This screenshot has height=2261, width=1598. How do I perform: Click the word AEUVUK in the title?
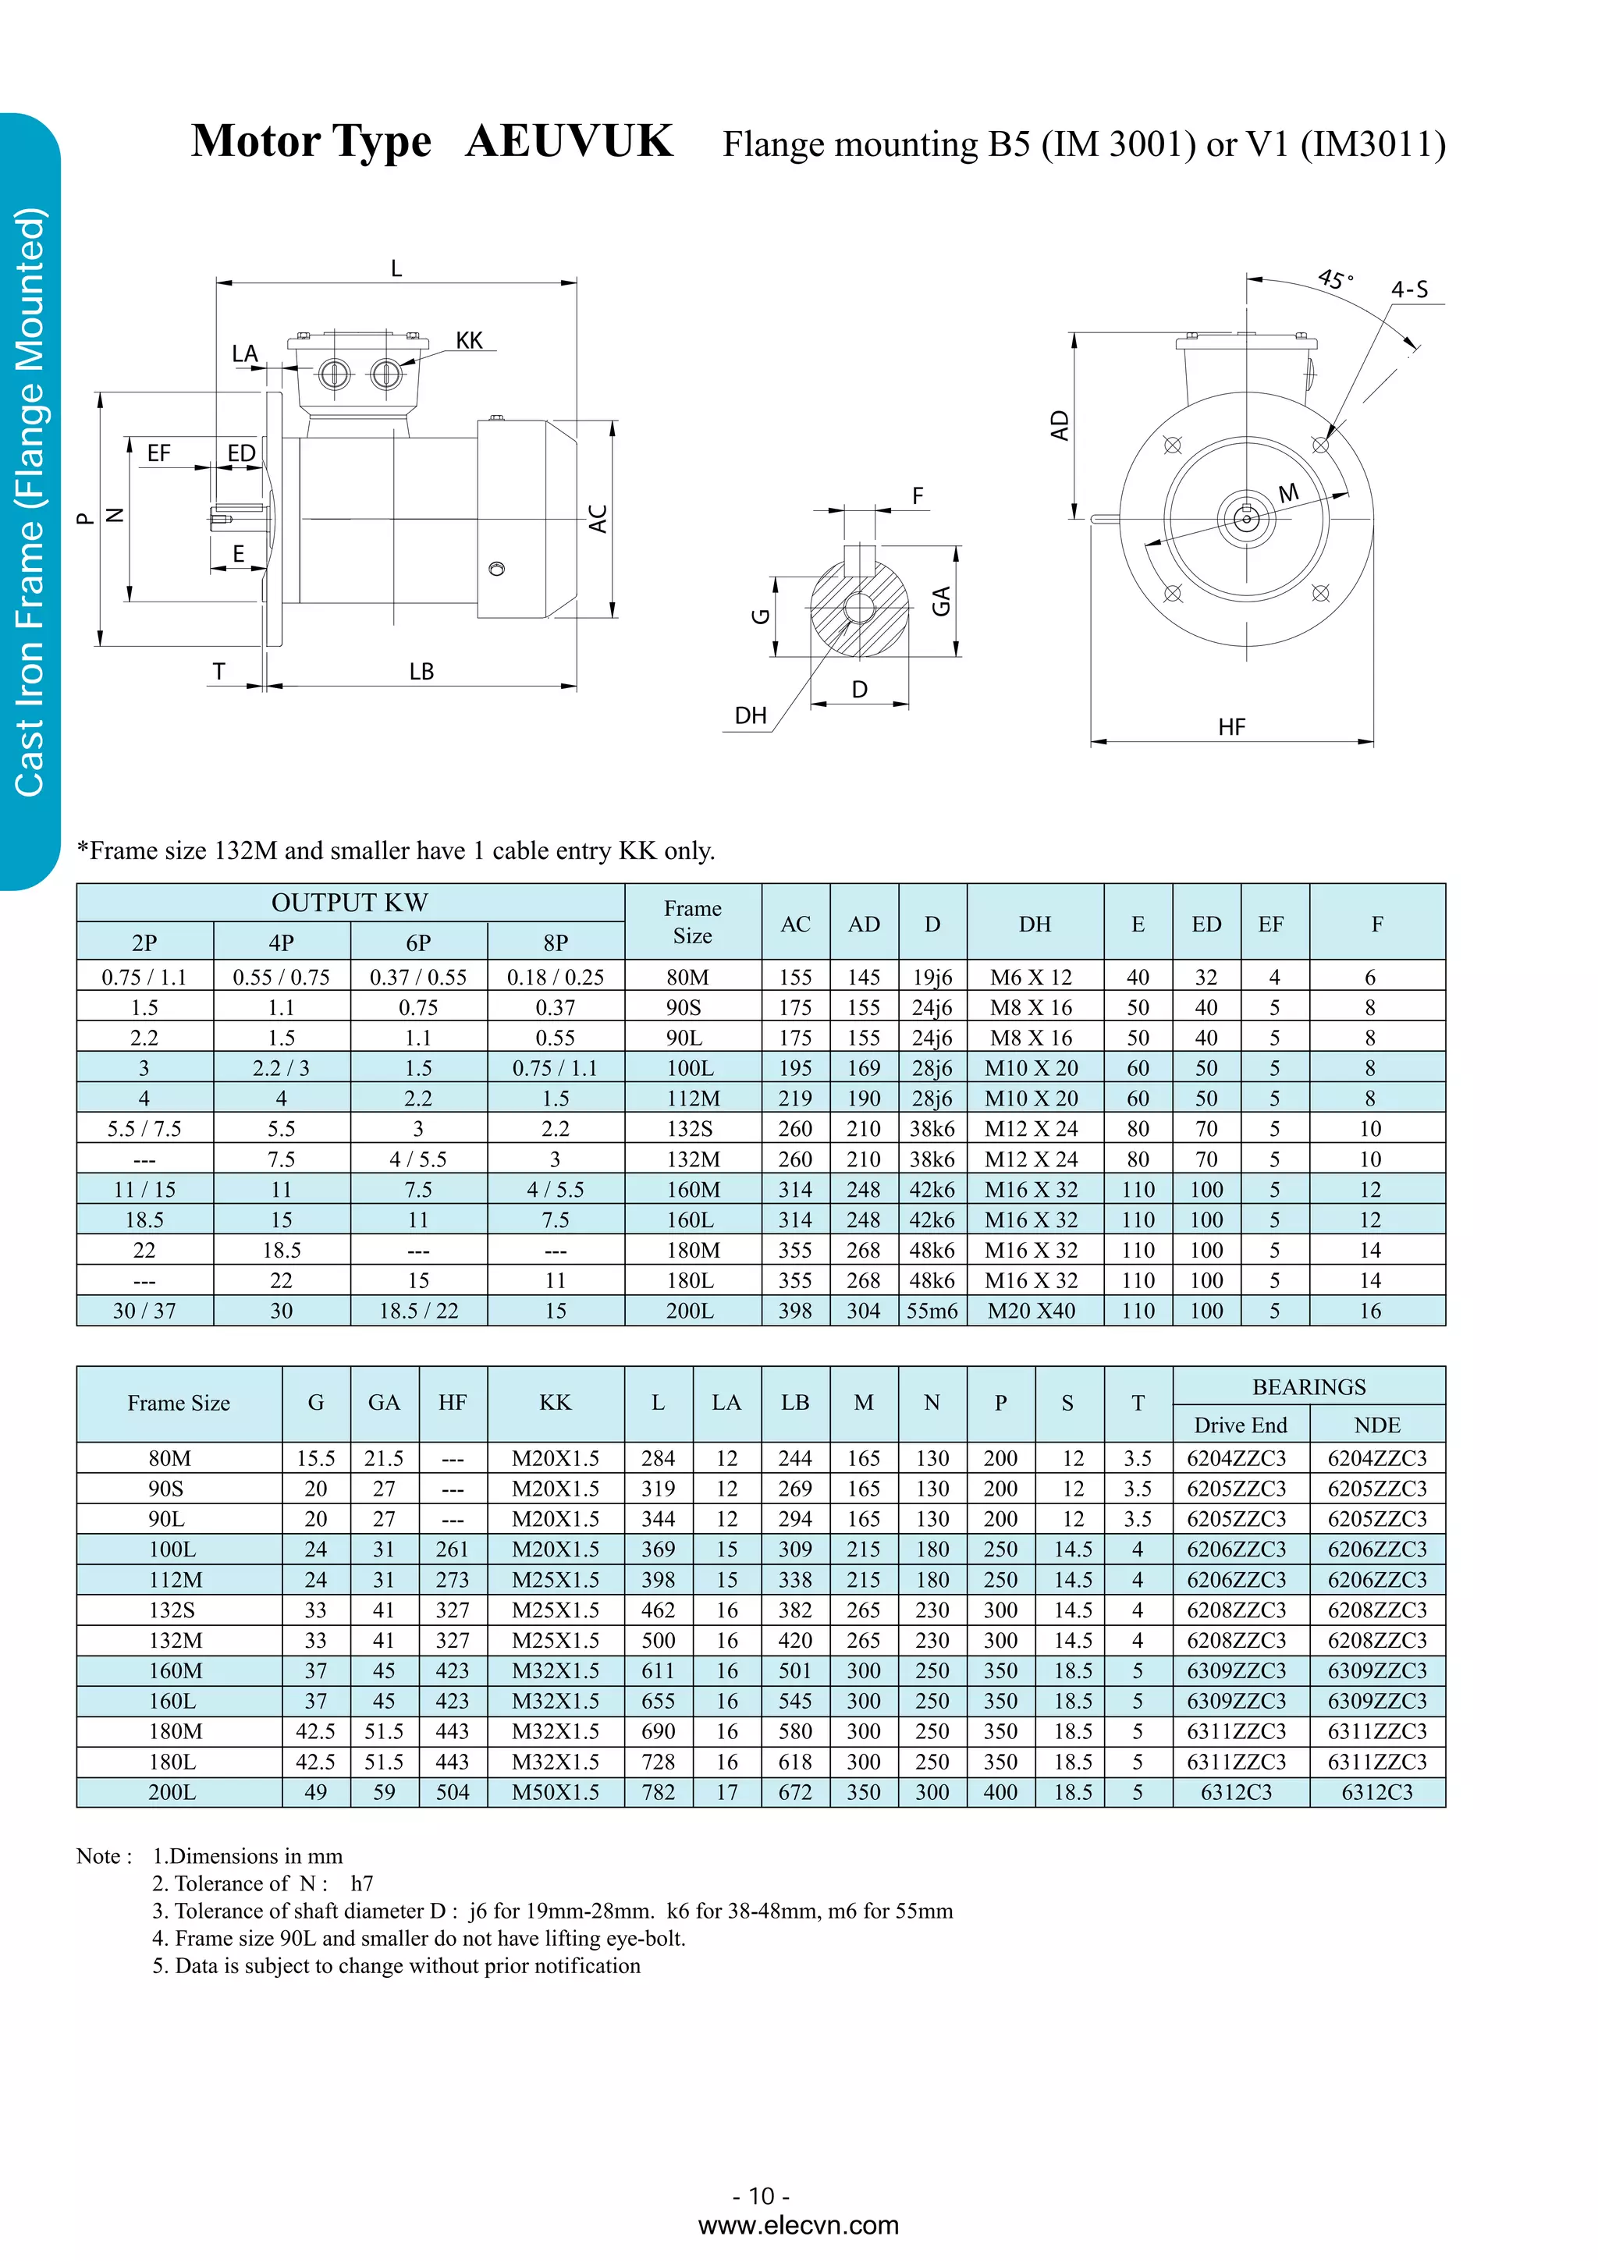(569, 140)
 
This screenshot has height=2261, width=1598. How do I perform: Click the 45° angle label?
(1335, 279)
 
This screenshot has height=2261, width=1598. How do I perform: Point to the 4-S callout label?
(1409, 289)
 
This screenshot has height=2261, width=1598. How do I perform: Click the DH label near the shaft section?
(751, 715)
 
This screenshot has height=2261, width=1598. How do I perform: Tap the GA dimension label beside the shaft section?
(941, 600)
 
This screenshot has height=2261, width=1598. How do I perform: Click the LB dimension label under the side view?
(421, 672)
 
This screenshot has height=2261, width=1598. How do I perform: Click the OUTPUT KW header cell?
(350, 902)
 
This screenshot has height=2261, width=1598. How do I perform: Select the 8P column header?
(556, 942)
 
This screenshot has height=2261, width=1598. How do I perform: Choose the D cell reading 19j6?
(932, 977)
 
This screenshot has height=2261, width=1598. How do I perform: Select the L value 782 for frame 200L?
(658, 1792)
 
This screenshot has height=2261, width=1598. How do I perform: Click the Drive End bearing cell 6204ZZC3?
(1236, 1458)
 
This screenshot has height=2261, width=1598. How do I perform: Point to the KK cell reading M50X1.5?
(556, 1792)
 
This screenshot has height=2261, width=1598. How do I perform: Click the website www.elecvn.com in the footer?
(797, 2224)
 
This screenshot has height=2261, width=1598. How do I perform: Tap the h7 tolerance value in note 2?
(361, 1883)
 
